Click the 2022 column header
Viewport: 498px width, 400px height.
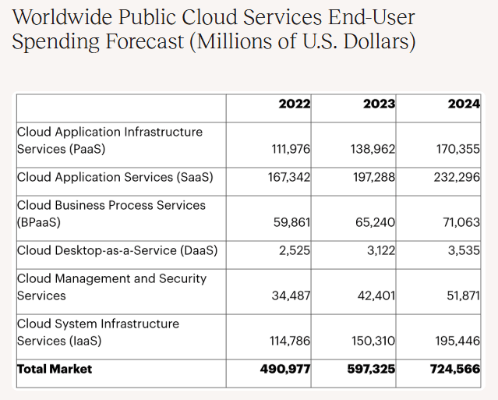[294, 104]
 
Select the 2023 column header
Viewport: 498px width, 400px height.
[379, 104]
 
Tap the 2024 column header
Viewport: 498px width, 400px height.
[464, 104]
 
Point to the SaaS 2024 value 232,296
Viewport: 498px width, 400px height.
[457, 177]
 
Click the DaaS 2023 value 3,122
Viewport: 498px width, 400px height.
[377, 250]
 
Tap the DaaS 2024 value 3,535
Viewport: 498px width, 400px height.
[463, 250]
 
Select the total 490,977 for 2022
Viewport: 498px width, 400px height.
[285, 369]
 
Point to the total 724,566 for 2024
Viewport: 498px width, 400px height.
[455, 369]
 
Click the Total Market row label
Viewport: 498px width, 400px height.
[55, 369]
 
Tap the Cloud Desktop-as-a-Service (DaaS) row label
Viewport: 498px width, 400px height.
[117, 250]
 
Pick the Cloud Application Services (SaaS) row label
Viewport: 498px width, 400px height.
[115, 177]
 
